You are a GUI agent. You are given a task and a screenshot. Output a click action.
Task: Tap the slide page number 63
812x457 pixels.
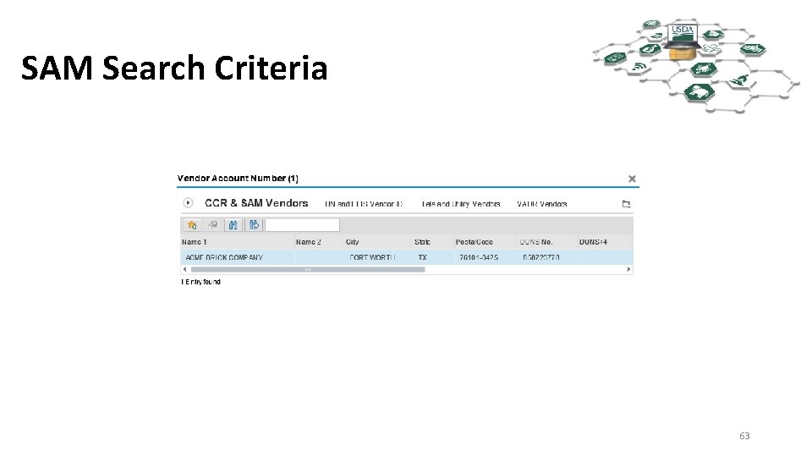tap(744, 436)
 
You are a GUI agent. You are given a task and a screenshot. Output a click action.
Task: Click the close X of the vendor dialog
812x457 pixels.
tap(632, 179)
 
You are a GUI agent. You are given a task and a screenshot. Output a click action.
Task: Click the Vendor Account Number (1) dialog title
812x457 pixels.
tap(238, 179)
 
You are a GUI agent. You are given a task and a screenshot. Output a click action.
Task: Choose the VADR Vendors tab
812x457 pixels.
tap(541, 204)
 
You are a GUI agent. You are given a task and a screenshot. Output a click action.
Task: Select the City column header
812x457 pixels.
tap(353, 242)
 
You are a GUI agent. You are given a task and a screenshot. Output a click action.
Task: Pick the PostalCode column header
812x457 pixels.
tap(474, 242)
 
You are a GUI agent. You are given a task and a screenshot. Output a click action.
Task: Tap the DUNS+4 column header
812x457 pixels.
tap(593, 242)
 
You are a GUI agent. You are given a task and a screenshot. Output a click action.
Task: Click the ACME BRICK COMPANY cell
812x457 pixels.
tap(224, 257)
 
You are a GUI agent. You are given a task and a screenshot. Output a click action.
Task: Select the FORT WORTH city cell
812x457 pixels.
tap(372, 257)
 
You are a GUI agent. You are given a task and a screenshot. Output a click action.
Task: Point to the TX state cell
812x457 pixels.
tap(422, 257)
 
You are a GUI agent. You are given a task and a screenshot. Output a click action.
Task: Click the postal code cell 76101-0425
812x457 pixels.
tap(480, 257)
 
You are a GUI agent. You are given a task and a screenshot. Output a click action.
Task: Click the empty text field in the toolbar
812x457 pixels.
tap(303, 225)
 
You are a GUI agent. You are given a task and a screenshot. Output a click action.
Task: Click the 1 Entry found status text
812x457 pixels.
tap(200, 282)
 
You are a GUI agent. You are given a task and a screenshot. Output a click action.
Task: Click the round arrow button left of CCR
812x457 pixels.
tap(188, 203)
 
